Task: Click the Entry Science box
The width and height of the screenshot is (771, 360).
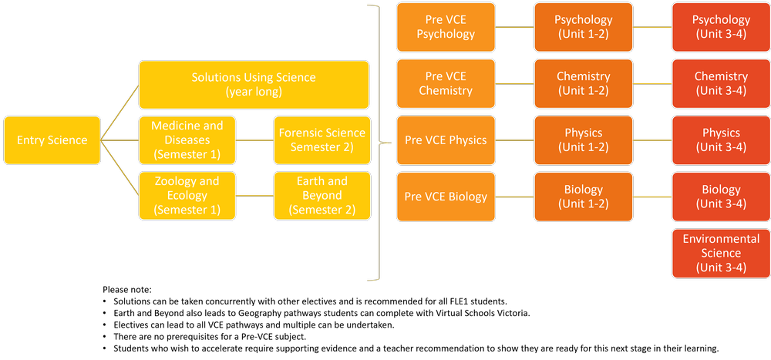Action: pos(52,140)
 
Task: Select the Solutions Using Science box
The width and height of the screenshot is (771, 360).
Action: pos(254,85)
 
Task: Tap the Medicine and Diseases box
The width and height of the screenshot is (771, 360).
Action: pos(187,140)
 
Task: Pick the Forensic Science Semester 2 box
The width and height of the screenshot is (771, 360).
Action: pos(322,140)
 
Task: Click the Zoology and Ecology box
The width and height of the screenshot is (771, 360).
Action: pos(187,196)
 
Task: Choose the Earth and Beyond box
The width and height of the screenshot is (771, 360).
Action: pos(322,196)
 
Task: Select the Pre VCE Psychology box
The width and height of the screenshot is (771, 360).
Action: pos(446,27)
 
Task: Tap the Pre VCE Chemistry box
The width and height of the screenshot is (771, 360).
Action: pos(446,83)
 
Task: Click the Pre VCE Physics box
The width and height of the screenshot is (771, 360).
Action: pos(446,140)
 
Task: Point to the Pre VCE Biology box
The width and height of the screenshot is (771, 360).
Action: pos(446,197)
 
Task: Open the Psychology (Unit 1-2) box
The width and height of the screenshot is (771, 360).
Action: pos(584,27)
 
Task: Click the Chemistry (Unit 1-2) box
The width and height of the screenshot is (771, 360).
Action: pos(584,83)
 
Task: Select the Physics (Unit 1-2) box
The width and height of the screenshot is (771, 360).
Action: pos(584,140)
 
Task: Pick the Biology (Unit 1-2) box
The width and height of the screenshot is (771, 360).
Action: pos(584,197)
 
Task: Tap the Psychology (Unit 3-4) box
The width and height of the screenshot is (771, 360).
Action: pos(721,27)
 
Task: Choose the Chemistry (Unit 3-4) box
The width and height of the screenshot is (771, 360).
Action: pos(721,83)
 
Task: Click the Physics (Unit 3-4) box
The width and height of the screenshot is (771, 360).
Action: pos(721,140)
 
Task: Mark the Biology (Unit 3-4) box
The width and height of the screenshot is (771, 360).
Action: pos(721,197)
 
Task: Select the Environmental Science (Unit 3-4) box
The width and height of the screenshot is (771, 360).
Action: pos(721,253)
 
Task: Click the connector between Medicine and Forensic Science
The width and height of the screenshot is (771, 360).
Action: pos(254,140)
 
